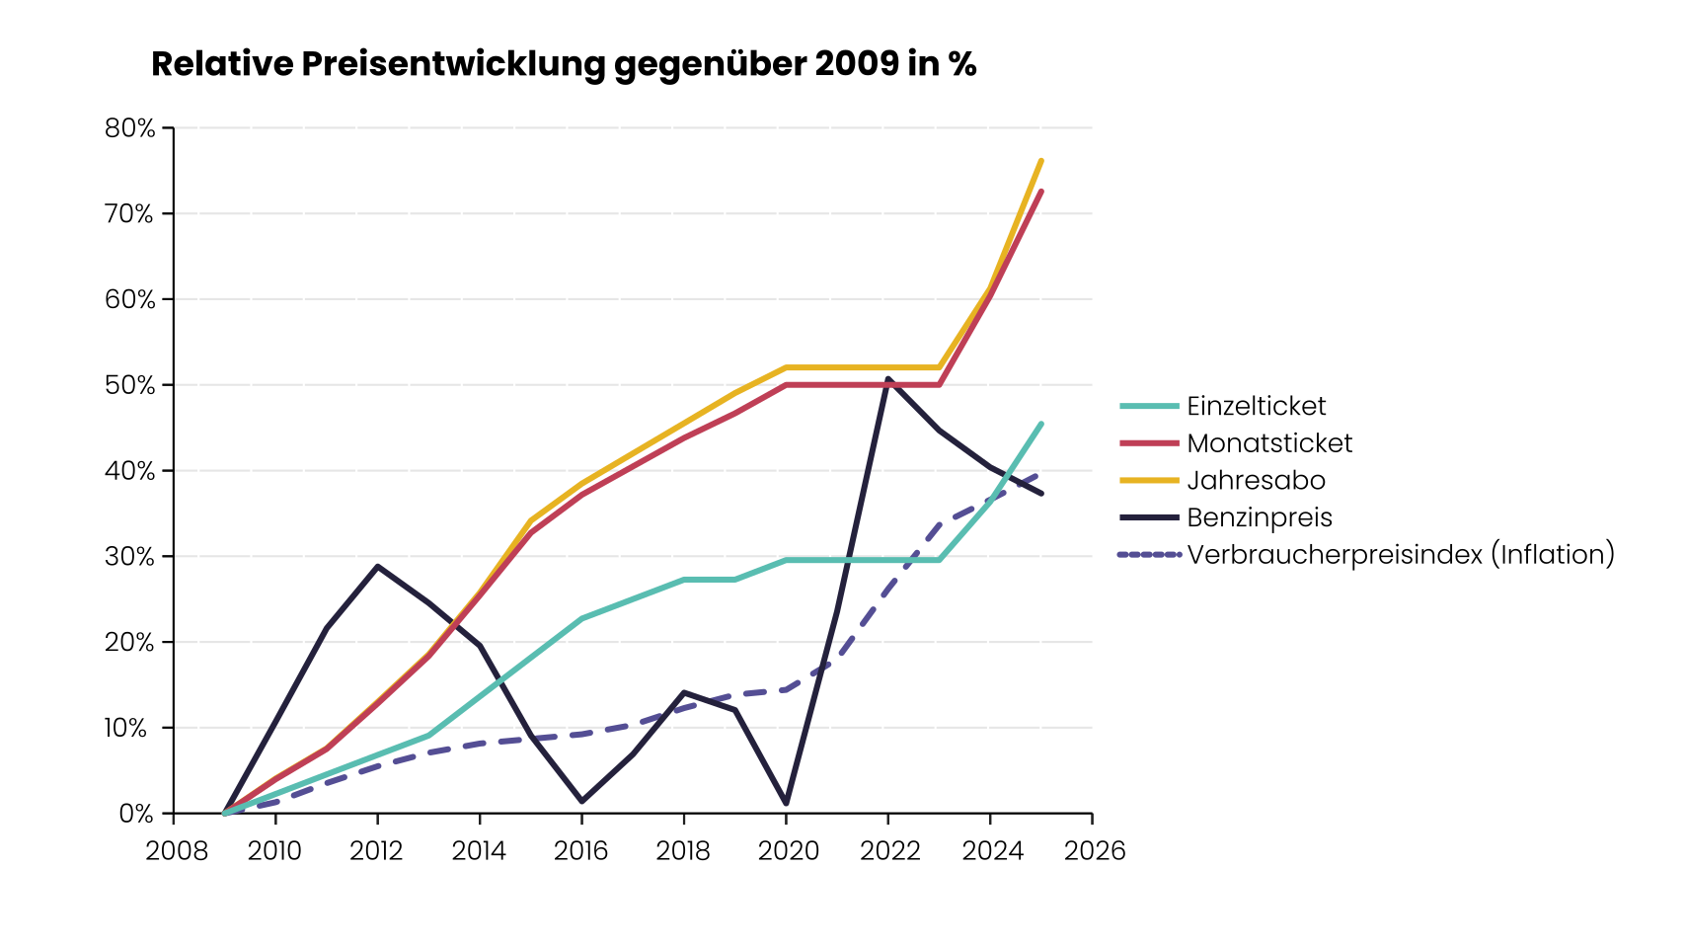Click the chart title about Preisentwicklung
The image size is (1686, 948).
click(x=563, y=64)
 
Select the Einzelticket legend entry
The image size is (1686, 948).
click(x=1256, y=406)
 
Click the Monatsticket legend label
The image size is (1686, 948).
click(x=1268, y=443)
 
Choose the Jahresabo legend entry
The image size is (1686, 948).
click(x=1256, y=481)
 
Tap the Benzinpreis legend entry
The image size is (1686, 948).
click(x=1259, y=517)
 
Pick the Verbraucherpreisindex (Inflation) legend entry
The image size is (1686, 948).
click(x=1400, y=555)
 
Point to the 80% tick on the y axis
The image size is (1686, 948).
click(x=130, y=128)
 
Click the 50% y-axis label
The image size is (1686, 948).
click(x=130, y=385)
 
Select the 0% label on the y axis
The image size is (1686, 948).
click(x=136, y=814)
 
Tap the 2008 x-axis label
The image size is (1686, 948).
click(x=176, y=851)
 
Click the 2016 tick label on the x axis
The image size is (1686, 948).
click(x=581, y=851)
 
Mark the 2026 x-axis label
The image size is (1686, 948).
click(x=1094, y=851)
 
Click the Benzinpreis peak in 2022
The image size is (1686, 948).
click(x=888, y=378)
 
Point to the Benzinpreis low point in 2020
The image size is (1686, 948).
click(x=786, y=803)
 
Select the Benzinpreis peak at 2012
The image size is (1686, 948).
click(x=377, y=567)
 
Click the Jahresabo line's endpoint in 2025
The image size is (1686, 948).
click(x=1041, y=160)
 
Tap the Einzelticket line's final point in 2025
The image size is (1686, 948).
click(x=1041, y=424)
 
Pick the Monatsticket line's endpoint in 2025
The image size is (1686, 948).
click(x=1041, y=192)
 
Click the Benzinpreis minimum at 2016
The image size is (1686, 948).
click(x=581, y=801)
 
